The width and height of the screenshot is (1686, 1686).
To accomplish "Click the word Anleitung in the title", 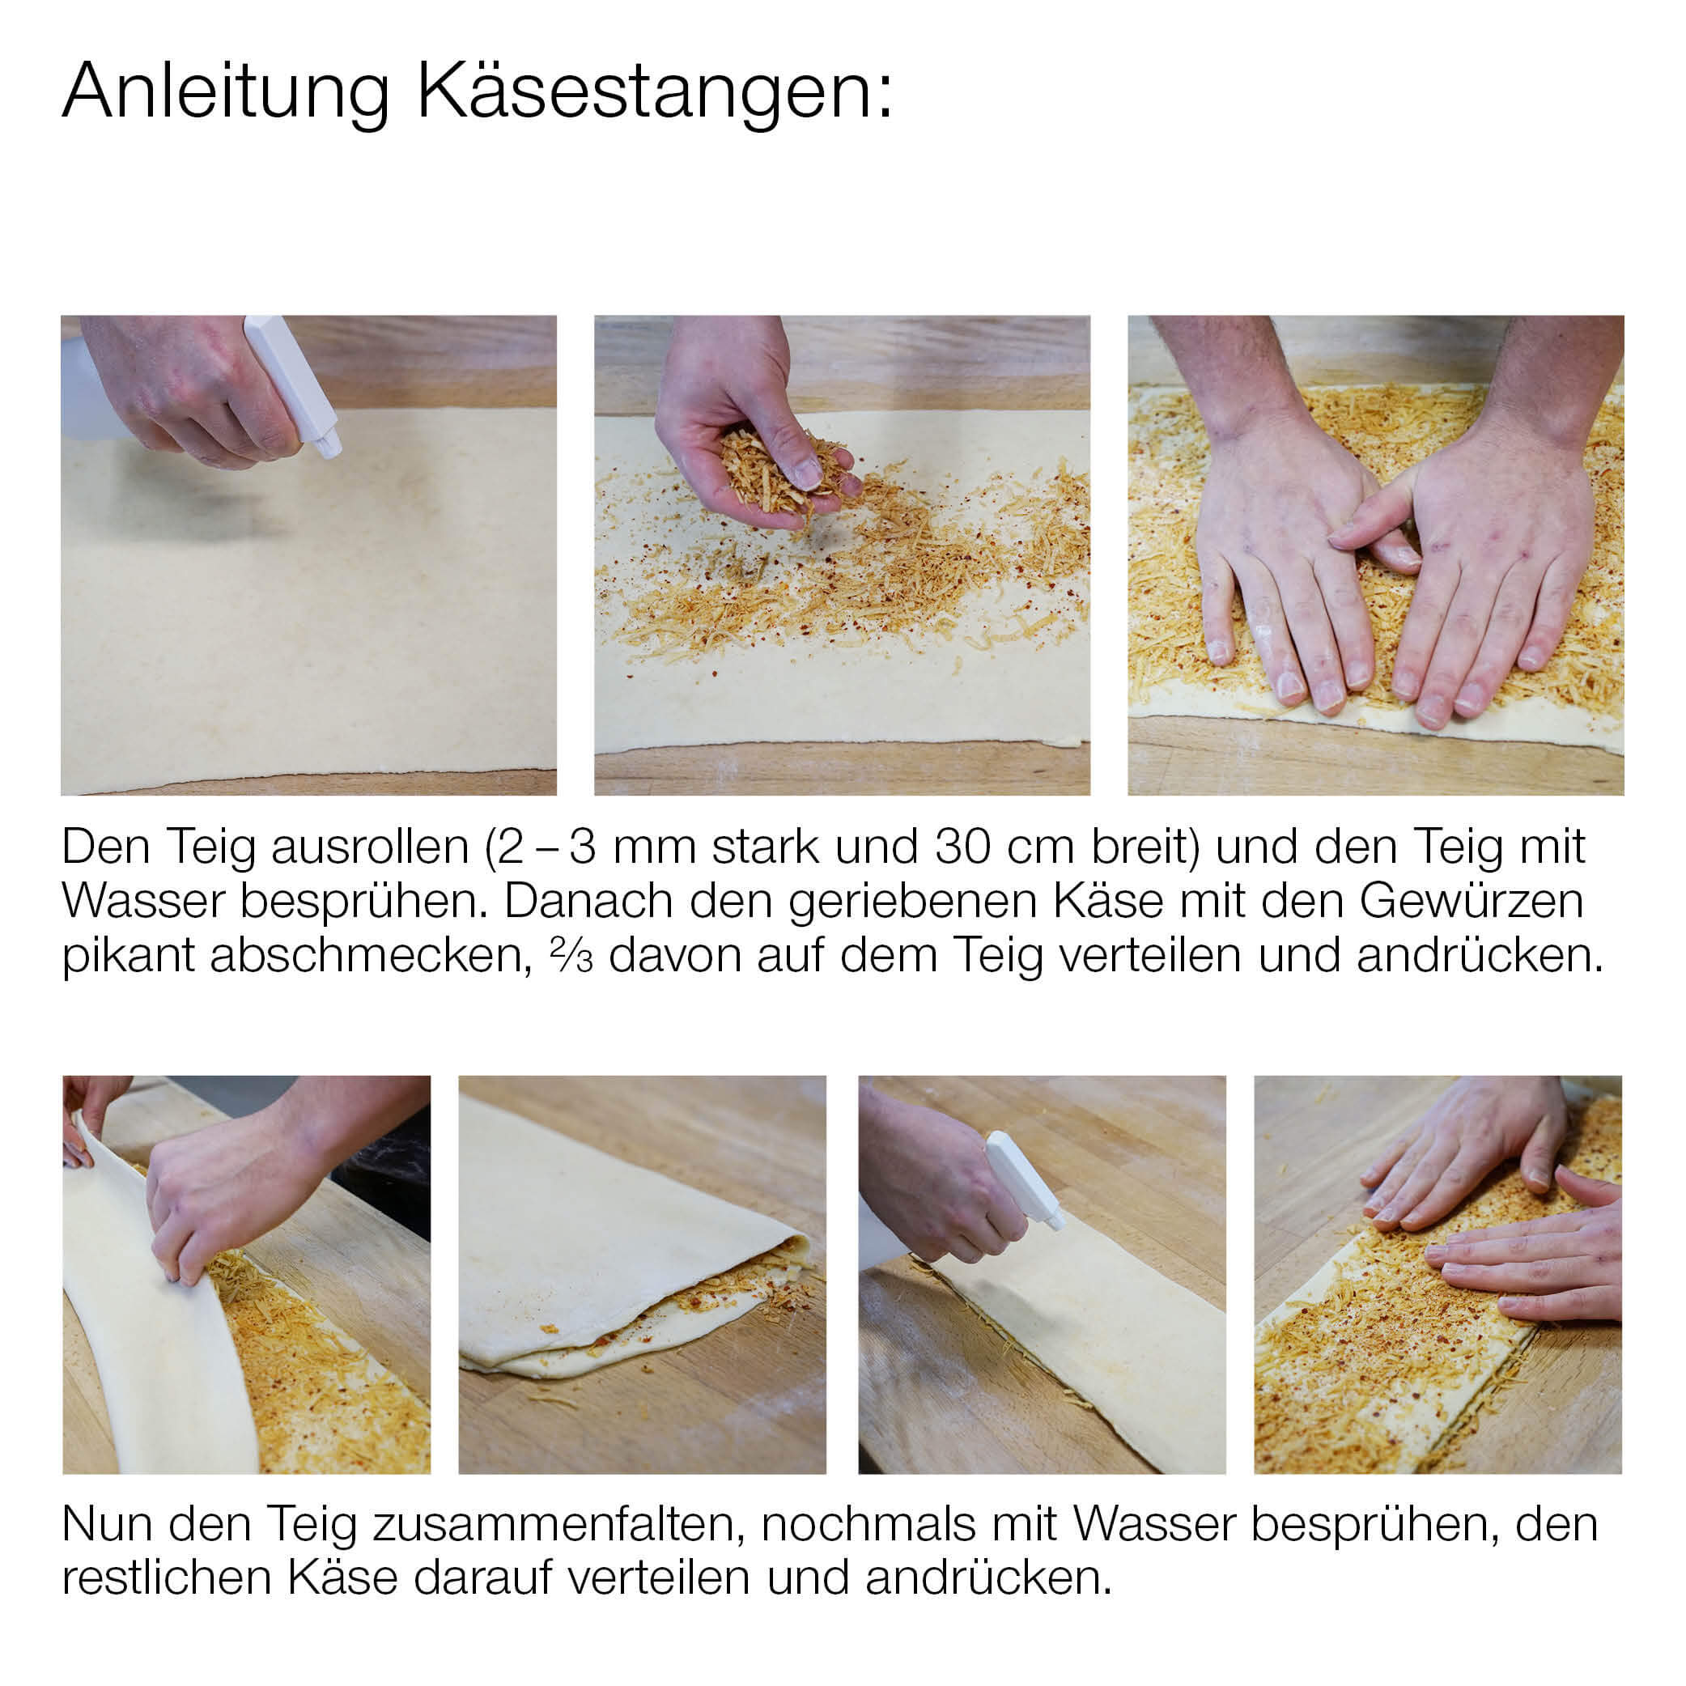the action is click(x=226, y=92).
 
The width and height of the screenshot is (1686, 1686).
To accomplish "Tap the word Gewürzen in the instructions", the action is click(x=1472, y=902).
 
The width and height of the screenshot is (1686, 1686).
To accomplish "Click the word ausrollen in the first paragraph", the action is click(x=370, y=847).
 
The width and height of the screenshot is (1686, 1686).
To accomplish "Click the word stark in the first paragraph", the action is click(x=763, y=847).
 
